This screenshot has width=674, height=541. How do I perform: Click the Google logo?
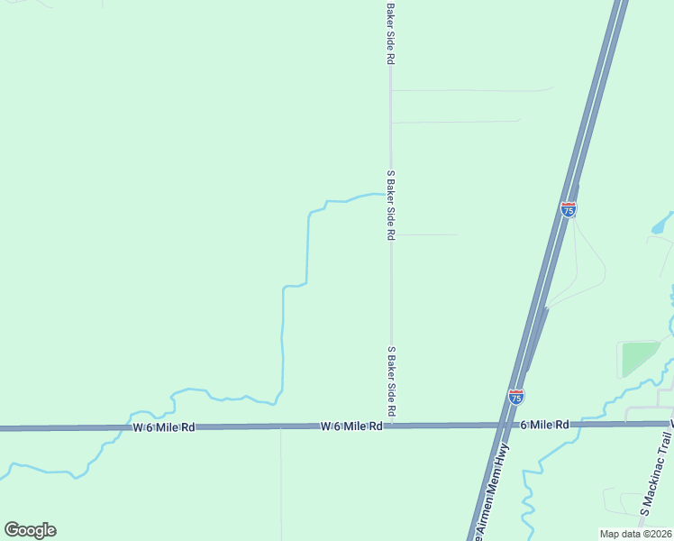30,530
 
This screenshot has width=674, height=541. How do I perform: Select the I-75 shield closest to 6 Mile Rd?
515,395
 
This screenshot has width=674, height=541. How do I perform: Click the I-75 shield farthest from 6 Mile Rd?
569,208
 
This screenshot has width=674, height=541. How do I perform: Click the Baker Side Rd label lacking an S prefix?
390,33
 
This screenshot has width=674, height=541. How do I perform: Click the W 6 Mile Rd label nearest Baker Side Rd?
353,425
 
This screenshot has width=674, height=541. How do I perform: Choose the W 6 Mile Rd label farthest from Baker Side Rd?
164,426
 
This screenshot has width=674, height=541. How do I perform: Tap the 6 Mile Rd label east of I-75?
545,424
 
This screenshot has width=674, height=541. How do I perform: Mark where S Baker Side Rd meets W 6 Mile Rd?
390,425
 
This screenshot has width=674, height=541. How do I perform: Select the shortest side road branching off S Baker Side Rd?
428,234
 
